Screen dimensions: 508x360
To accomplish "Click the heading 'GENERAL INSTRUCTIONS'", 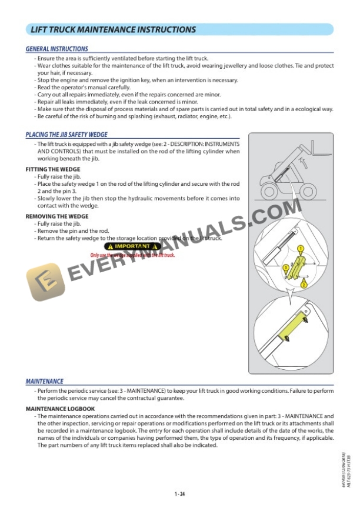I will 57,49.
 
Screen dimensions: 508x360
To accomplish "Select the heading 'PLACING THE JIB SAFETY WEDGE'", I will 66,135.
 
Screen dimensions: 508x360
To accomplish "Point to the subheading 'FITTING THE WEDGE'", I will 53,169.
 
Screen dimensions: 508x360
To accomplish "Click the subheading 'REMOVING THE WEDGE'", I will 57,216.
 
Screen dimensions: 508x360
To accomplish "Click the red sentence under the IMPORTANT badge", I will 132,255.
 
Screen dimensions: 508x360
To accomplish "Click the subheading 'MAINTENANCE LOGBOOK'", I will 60,408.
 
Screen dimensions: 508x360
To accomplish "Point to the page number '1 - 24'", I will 180,494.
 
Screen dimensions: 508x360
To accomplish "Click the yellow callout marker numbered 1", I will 301,249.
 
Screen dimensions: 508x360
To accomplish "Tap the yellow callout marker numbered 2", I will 304,284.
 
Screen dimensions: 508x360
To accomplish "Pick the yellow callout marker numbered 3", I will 286,268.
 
